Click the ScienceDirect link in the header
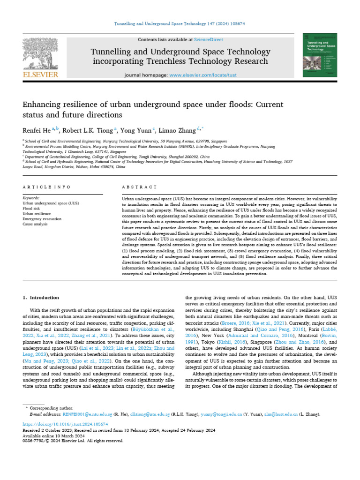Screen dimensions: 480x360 coord(210,40)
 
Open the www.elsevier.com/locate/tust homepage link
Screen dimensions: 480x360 coord(202,75)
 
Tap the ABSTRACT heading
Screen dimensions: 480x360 coord(138,187)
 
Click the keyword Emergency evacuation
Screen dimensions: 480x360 coord(42,219)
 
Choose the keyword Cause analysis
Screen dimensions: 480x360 coord(35,224)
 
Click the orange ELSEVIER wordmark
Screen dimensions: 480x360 coord(41,75)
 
